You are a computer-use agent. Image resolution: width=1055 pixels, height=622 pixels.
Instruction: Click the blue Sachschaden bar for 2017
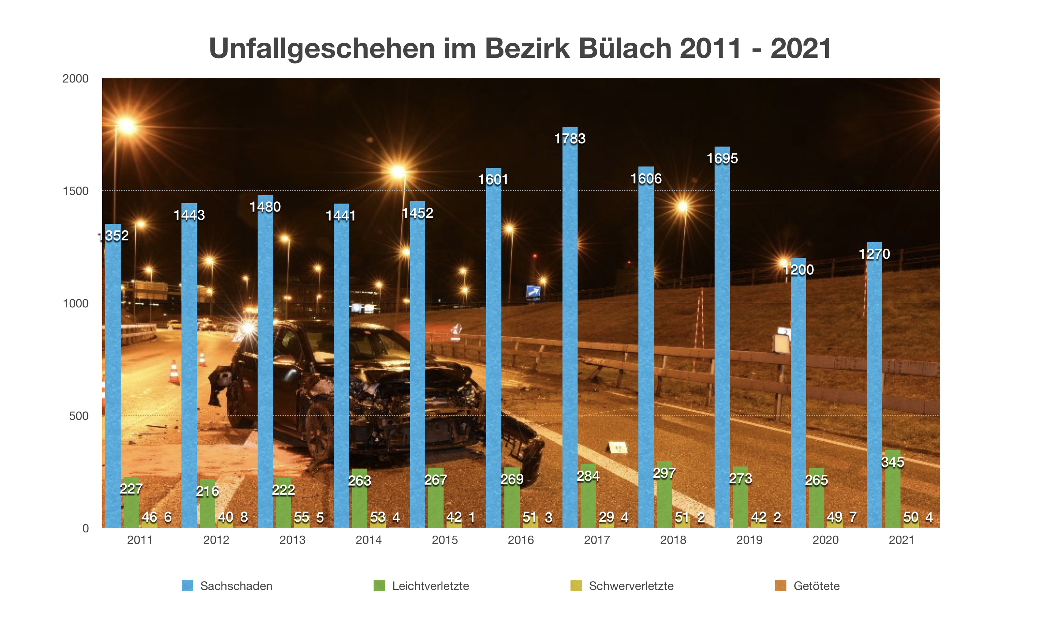(570, 335)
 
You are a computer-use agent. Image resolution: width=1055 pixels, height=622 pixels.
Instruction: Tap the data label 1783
(570, 139)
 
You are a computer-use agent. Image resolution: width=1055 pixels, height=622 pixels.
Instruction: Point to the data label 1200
(798, 270)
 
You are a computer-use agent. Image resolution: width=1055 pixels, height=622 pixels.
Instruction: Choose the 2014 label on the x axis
(368, 540)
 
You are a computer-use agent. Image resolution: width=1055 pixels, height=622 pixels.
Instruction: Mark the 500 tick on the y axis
(79, 416)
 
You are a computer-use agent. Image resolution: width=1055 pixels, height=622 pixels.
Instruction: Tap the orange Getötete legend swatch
(780, 586)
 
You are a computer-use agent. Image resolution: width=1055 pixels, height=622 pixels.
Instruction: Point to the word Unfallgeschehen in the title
(322, 49)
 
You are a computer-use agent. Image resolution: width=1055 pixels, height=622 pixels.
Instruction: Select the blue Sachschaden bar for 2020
(798, 398)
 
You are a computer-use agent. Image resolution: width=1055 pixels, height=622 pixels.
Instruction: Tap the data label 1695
(722, 159)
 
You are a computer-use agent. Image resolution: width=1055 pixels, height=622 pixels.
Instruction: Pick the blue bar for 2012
(189, 369)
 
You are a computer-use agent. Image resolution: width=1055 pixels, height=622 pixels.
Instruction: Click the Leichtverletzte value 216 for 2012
(207, 491)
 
